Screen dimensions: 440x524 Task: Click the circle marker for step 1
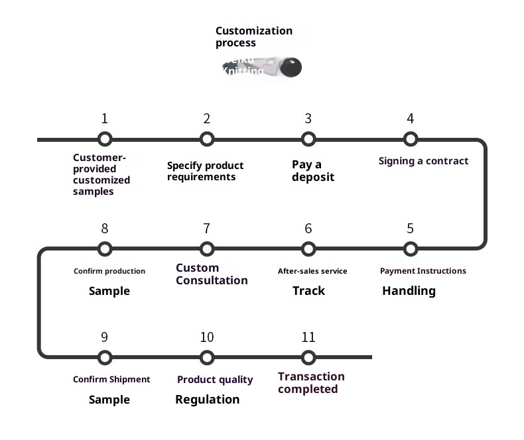(x=104, y=139)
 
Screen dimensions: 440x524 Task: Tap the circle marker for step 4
(x=410, y=139)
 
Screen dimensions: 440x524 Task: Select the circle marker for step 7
(x=207, y=249)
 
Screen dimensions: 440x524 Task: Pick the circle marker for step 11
(x=308, y=358)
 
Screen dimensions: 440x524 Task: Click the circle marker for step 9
(x=104, y=358)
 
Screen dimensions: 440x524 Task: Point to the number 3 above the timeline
(x=308, y=119)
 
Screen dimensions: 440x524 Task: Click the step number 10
(x=207, y=338)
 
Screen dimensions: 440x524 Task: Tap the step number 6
(x=308, y=229)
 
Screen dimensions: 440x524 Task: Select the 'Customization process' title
(x=254, y=36)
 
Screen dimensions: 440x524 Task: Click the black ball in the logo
(x=291, y=67)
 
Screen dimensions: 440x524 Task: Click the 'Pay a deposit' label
(x=313, y=171)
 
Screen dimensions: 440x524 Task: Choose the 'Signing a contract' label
(x=423, y=161)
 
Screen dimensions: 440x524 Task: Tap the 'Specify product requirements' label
(x=205, y=171)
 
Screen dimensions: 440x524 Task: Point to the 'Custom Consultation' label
(x=212, y=274)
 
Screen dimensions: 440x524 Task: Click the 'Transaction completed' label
(x=311, y=383)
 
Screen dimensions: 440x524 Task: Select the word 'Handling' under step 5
(x=409, y=291)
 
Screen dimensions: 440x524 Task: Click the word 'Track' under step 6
(x=308, y=291)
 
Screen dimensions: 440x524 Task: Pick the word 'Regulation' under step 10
(x=207, y=400)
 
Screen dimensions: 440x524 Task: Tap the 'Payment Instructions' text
(x=423, y=271)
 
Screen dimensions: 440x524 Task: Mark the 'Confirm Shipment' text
(x=111, y=380)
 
